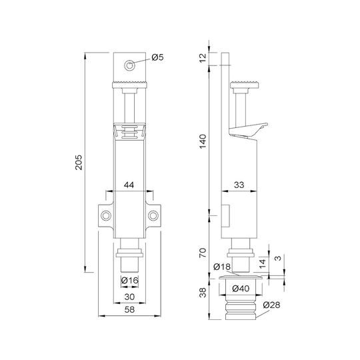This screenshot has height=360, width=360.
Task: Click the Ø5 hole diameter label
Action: tap(157, 57)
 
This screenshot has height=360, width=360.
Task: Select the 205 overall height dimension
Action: tap(79, 162)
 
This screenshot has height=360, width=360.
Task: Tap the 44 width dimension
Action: tap(129, 185)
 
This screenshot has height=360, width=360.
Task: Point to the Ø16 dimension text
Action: tap(130, 280)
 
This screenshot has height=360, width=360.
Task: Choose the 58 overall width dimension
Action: tap(129, 309)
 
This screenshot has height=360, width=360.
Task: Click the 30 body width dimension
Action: tap(129, 297)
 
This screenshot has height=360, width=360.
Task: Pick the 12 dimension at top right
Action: tap(203, 57)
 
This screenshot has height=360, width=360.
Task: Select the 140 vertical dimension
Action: tap(203, 141)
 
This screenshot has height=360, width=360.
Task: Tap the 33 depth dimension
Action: tap(239, 185)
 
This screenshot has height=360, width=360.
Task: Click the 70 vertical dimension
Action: tap(203, 253)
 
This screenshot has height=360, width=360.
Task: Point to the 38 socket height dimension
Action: tap(203, 293)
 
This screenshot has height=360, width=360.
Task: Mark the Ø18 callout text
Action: tap(222, 267)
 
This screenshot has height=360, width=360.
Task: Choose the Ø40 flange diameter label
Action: tap(241, 289)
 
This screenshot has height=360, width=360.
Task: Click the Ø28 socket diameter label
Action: tap(271, 305)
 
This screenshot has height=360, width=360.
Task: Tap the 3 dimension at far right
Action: tap(277, 258)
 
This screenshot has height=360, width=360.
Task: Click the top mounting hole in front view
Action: tap(130, 65)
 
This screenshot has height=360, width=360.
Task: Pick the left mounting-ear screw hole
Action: tap(106, 215)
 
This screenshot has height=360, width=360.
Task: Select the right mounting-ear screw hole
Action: tap(153, 215)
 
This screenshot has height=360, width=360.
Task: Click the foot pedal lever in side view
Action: tap(249, 131)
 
